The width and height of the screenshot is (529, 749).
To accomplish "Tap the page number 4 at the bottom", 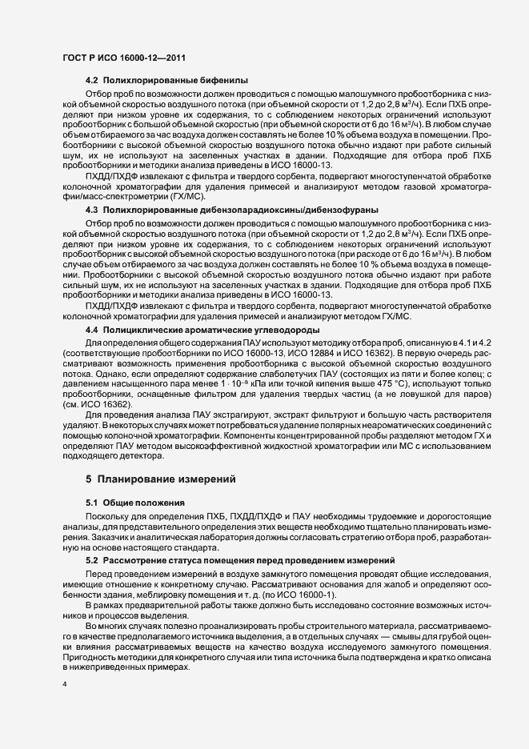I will (64, 686).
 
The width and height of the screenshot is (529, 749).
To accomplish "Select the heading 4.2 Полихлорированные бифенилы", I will (166, 82).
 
